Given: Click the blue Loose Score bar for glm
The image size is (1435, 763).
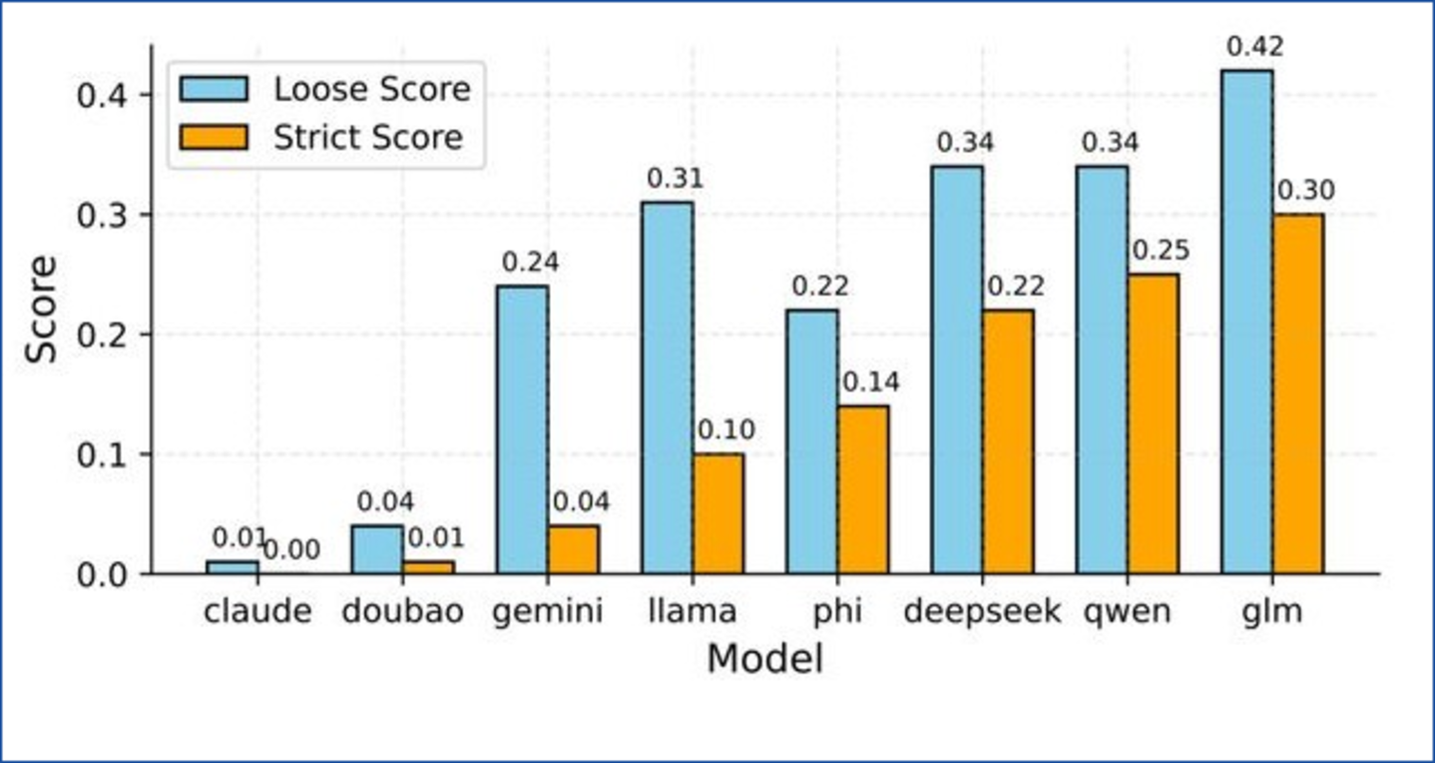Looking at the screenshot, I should pos(1247,322).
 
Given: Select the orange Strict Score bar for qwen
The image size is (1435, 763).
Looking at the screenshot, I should pos(1153,423).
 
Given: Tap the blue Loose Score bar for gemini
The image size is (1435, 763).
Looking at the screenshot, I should pos(522,429).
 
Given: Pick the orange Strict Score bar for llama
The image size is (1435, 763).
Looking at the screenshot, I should pos(717,513).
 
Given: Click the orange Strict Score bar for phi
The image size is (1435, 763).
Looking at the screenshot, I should pos(862,489).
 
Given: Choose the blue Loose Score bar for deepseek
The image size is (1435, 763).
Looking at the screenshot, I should pos(958,370).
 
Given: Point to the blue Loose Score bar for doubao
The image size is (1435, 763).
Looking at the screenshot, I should pos(377,549).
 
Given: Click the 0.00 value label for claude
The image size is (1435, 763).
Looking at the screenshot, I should pos(290,548).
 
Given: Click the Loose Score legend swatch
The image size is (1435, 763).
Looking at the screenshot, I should pos(213,89).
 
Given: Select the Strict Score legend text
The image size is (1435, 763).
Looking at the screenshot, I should pos(368,137).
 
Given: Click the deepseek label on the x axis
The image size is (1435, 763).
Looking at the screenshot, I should pos(982,610).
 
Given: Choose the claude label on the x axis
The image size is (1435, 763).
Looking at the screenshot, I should pos(257,610).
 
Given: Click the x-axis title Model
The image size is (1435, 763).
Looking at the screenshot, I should pos(764,659).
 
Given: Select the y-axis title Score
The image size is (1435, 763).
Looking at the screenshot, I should pos(41,310).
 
